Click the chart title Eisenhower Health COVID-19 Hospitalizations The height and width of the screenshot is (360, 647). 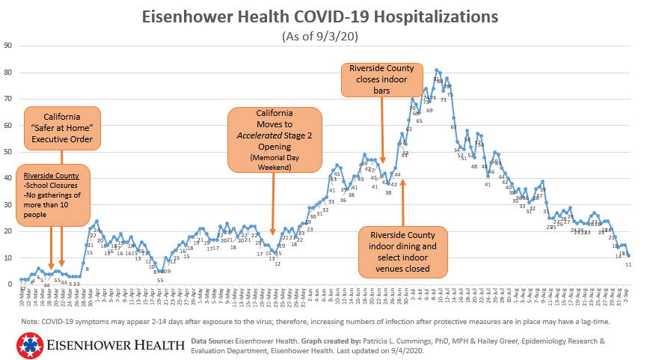click(323, 16)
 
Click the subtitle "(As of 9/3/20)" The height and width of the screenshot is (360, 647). click(323, 36)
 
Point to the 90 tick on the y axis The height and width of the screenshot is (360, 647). click(9, 46)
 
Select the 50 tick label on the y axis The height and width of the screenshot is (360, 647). click(9, 152)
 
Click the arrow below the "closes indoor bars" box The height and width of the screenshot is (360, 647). click(383, 131)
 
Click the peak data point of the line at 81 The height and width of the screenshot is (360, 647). click(437, 71)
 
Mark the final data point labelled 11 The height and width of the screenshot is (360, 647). click(628, 256)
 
